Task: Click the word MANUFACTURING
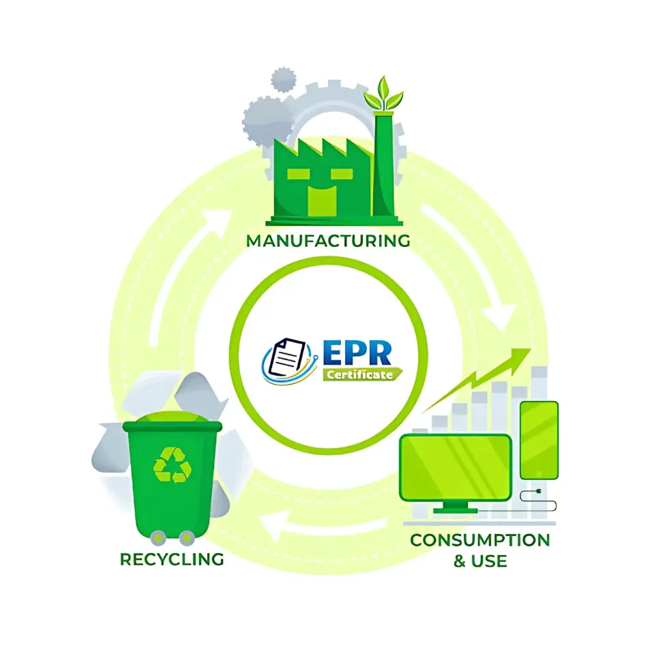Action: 328,241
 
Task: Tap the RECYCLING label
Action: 172,559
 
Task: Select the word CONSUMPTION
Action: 479,540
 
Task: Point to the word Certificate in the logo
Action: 359,374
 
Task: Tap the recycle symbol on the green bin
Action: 172,465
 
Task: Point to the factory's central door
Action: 323,198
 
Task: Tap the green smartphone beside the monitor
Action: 539,440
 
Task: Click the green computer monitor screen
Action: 456,467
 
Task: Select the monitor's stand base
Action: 456,509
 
